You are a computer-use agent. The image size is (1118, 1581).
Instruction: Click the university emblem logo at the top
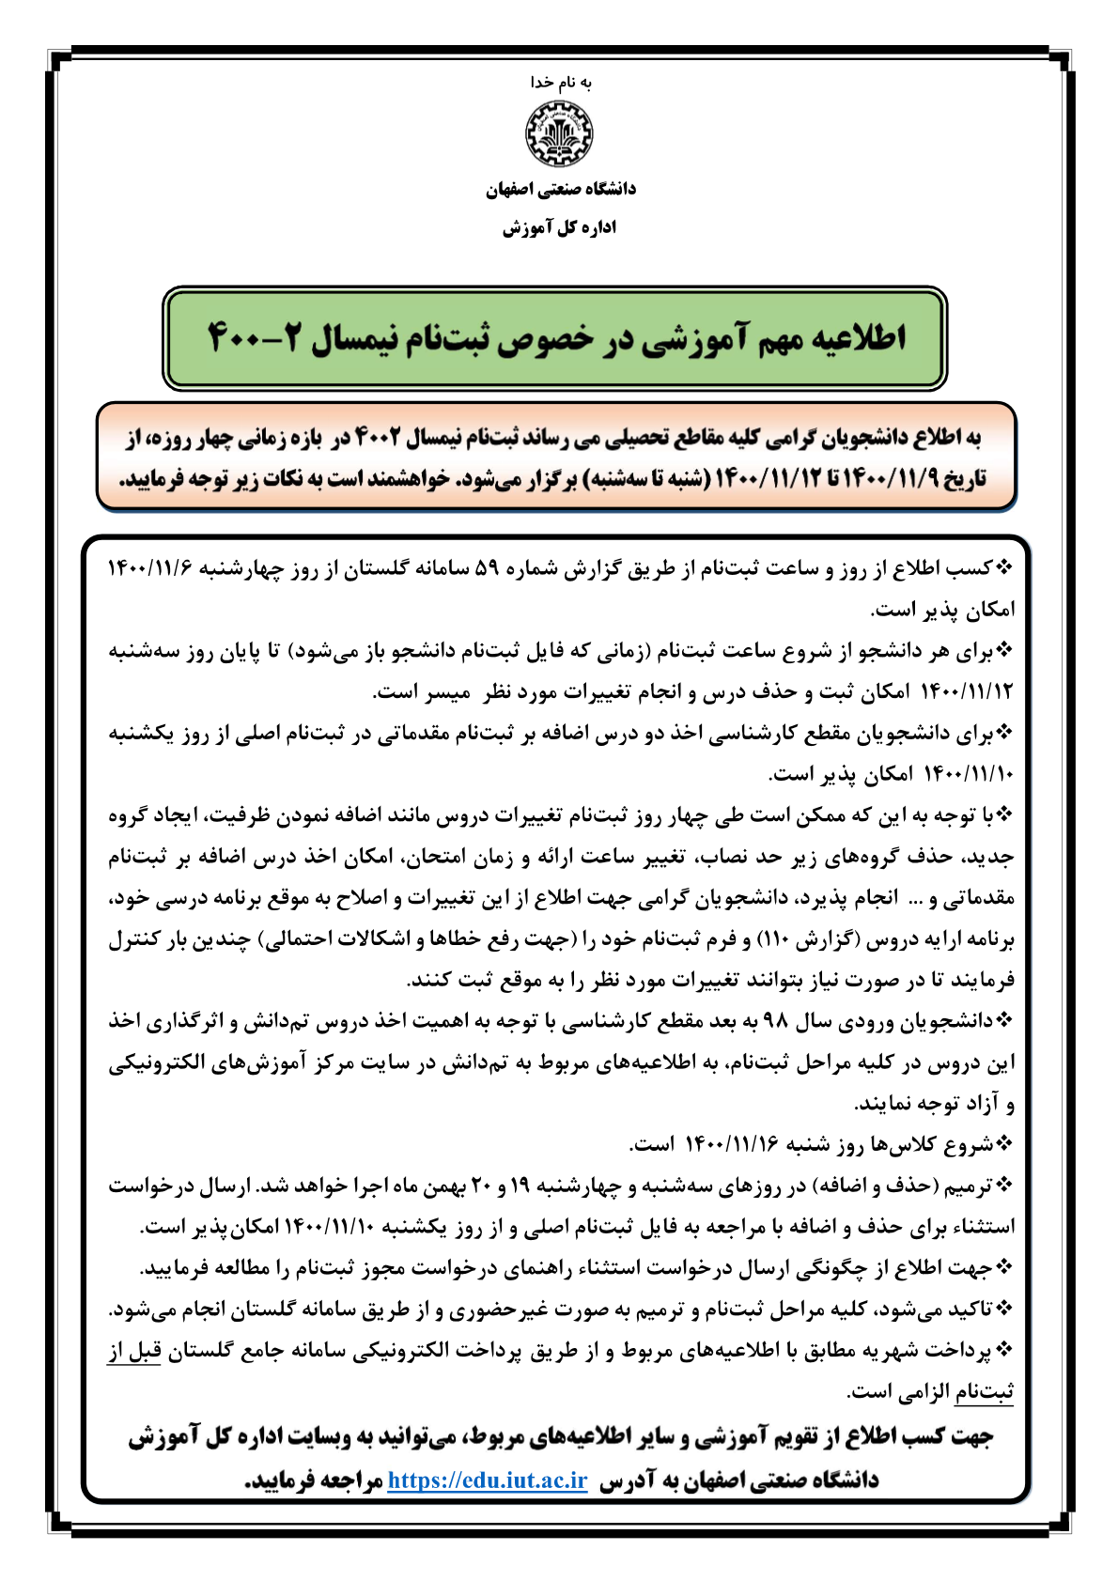click(x=559, y=134)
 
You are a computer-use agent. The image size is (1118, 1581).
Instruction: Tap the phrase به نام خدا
click(x=560, y=83)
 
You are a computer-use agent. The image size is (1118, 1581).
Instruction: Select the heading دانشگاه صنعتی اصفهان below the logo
click(x=560, y=190)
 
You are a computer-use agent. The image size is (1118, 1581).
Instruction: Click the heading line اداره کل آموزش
click(x=560, y=228)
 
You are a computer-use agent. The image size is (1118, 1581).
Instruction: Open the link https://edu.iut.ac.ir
click(x=488, y=1480)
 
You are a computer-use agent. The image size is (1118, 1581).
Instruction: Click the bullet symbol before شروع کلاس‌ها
click(x=1005, y=1144)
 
